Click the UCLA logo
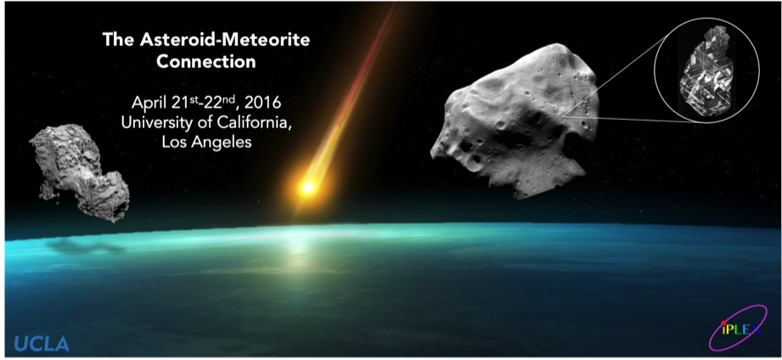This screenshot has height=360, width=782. pos(42,344)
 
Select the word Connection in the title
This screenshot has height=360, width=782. pos(206,62)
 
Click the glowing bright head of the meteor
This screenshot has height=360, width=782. pos(308,188)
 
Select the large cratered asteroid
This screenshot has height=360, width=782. pos(515,120)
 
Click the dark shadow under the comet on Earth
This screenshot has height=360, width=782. pos(85,245)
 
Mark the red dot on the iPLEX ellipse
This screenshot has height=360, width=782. pos(723,323)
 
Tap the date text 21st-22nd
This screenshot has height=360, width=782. pos(205,103)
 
